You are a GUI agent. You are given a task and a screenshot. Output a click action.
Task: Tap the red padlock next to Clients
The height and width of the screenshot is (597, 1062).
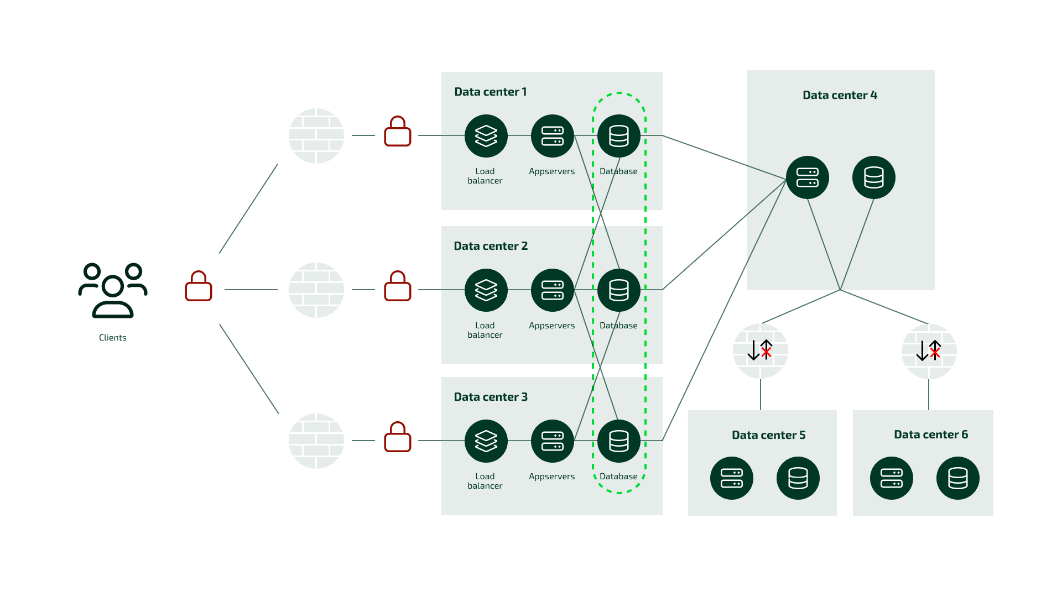[x=199, y=286]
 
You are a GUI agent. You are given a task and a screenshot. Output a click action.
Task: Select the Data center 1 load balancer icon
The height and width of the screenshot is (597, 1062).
[x=486, y=136]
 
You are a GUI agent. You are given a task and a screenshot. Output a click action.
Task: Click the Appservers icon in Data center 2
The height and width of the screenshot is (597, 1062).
[x=553, y=290]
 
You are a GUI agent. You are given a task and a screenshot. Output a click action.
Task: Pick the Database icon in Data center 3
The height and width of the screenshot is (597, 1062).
[x=619, y=441]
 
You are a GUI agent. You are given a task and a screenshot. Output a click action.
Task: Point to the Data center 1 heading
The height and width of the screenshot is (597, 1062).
[x=490, y=92]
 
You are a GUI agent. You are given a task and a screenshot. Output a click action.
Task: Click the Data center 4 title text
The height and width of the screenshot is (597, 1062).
[x=840, y=95]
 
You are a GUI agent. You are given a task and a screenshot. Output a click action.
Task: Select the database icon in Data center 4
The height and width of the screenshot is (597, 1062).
[x=874, y=177]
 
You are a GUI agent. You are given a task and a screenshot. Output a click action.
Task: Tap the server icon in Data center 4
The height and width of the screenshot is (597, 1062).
[x=808, y=177]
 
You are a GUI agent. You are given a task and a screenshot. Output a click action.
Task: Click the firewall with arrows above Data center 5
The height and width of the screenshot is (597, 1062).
[x=761, y=350]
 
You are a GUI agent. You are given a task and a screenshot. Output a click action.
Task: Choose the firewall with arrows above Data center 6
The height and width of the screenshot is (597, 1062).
[x=929, y=351]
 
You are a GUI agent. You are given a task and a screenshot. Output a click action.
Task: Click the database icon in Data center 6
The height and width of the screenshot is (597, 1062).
[x=958, y=478]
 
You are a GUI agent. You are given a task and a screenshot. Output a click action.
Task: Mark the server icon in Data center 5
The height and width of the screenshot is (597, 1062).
[x=732, y=478]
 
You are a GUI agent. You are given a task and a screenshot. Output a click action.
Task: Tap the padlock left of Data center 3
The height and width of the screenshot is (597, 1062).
[x=398, y=437]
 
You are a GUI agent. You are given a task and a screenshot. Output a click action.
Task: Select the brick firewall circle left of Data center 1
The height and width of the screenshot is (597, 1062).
[x=316, y=136]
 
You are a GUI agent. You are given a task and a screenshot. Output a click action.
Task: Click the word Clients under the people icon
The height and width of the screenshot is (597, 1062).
[x=113, y=338]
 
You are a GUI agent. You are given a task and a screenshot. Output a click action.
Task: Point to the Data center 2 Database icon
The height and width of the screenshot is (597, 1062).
[x=619, y=290]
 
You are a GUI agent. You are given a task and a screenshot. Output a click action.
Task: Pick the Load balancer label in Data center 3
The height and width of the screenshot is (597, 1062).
[x=485, y=481]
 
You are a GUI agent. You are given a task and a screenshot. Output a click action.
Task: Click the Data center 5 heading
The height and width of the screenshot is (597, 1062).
[x=768, y=435]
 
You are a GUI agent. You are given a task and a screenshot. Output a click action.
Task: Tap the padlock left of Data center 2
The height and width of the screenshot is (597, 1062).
[x=398, y=286]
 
